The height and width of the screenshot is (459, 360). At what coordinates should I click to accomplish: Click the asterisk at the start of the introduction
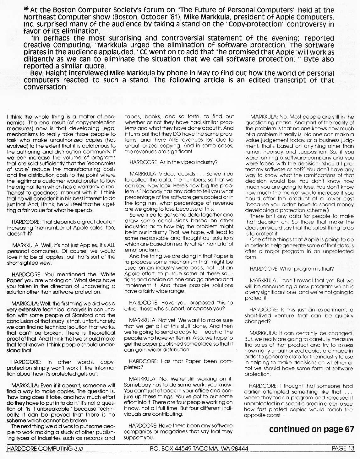[26, 10]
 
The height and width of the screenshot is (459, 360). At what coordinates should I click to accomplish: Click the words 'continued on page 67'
[311, 429]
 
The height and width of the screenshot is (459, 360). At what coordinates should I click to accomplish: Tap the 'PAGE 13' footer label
[343, 448]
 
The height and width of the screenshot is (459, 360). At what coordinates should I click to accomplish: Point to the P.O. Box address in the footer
[199, 448]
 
